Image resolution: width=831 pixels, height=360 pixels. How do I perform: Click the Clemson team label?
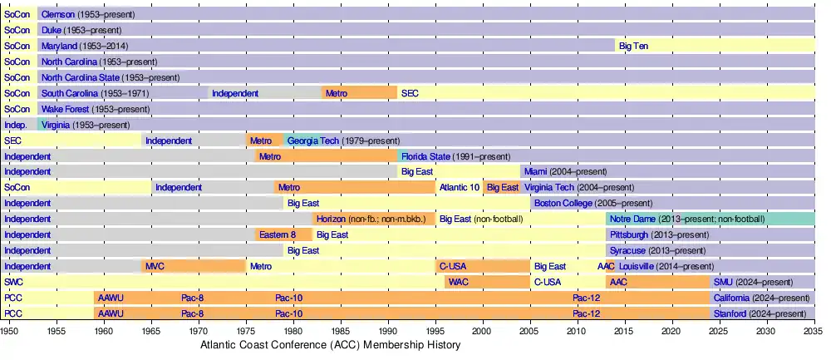click(x=57, y=15)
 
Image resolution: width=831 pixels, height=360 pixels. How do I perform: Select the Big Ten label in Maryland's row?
click(x=633, y=47)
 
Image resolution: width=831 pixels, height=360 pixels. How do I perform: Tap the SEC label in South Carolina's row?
click(x=410, y=94)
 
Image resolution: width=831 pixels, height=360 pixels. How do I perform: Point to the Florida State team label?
click(x=425, y=156)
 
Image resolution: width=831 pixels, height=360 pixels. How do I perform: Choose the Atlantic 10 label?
click(x=459, y=188)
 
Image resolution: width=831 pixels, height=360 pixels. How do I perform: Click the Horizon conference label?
click(x=331, y=219)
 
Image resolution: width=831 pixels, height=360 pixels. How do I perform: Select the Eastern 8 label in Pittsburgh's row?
click(x=278, y=235)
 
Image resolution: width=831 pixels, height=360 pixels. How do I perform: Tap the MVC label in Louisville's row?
click(x=155, y=267)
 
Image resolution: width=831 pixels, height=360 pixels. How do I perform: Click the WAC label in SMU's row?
click(x=458, y=283)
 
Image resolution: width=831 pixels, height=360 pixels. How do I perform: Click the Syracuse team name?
click(x=627, y=251)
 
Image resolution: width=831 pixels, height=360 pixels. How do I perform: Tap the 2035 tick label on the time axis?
click(x=814, y=331)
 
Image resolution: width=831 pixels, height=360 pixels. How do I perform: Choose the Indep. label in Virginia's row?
click(x=16, y=126)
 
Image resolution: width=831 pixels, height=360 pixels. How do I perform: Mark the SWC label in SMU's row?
click(x=13, y=283)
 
